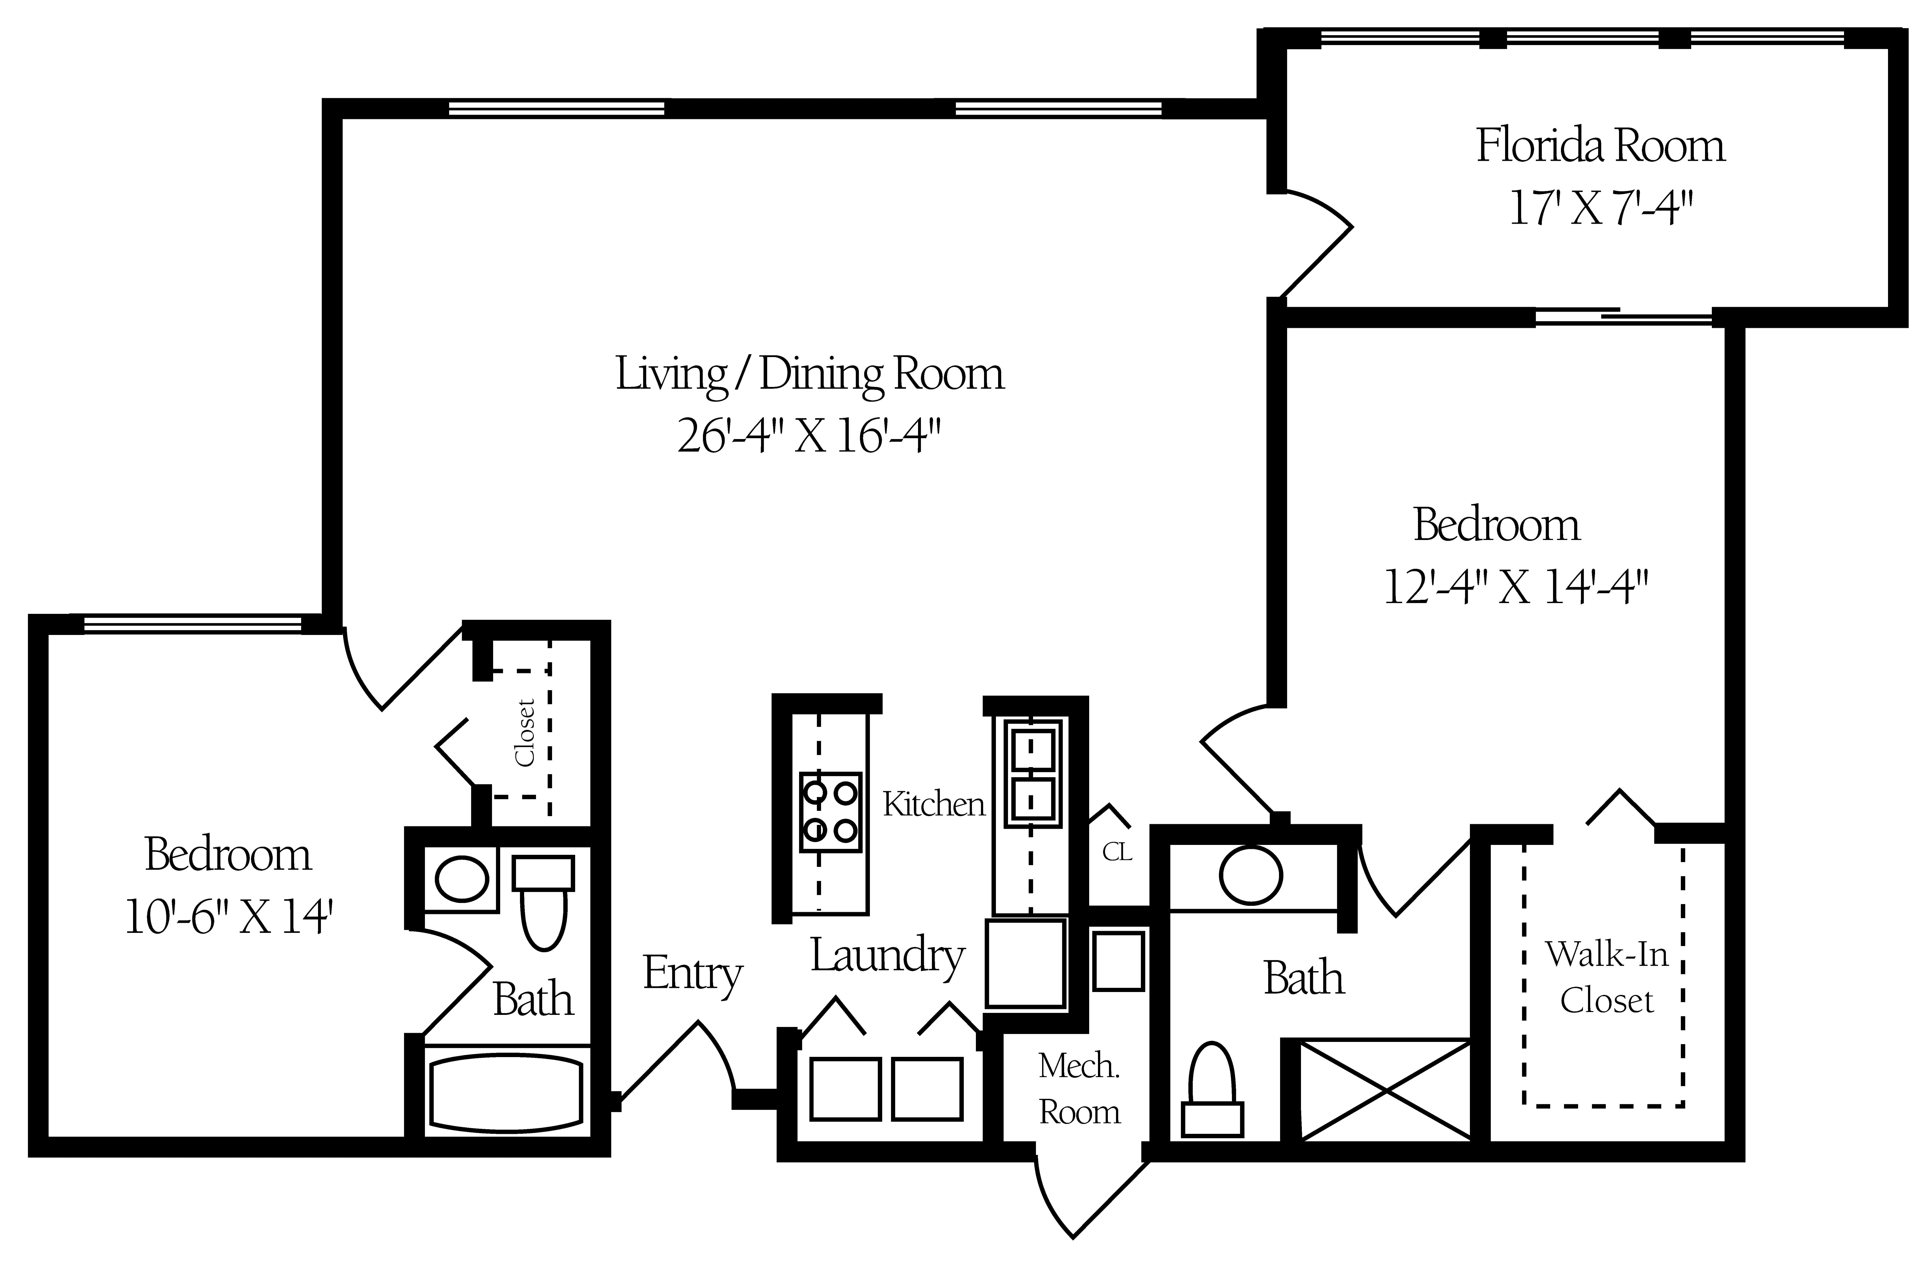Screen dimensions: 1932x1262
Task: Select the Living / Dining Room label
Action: (809, 375)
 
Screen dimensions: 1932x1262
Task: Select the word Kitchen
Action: (933, 804)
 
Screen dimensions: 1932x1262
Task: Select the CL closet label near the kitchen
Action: (1117, 852)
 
